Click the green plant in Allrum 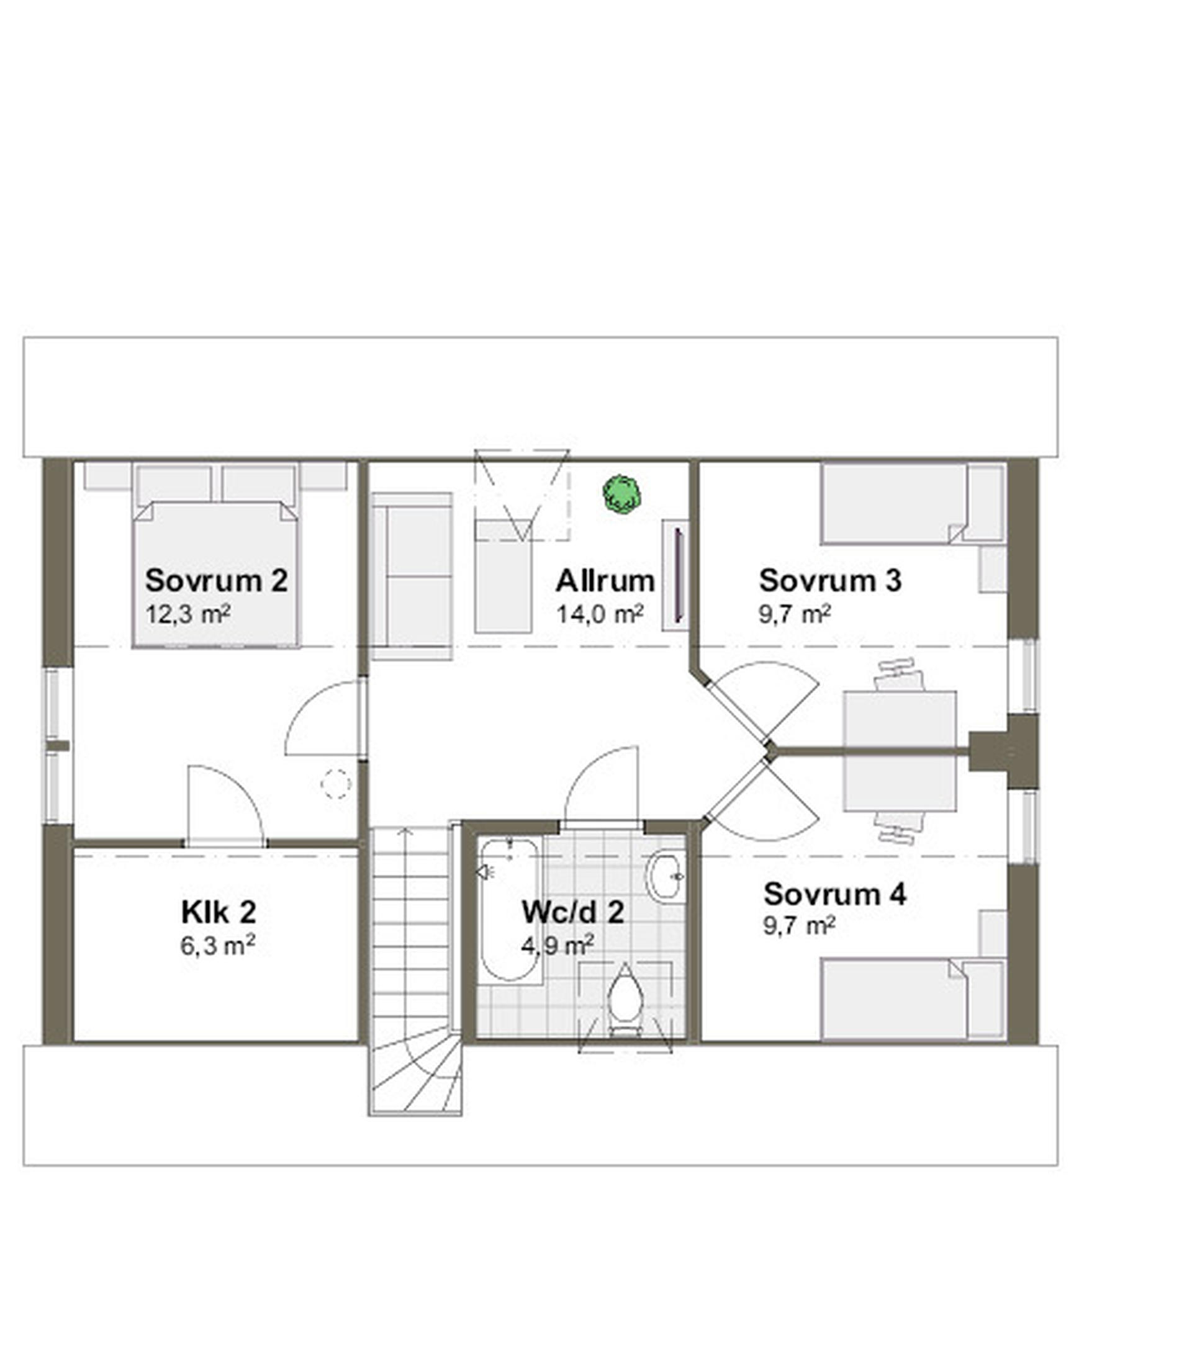click(621, 494)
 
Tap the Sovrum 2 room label click(217, 580)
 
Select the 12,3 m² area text click(188, 614)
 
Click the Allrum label click(605, 581)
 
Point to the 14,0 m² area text click(600, 614)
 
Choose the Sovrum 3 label click(830, 580)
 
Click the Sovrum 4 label click(835, 894)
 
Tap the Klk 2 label click(218, 912)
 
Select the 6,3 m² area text click(218, 945)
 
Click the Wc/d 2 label click(572, 912)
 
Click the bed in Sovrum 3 click(913, 503)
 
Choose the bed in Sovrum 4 click(913, 999)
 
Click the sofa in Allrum click(412, 576)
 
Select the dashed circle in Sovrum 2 click(336, 784)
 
